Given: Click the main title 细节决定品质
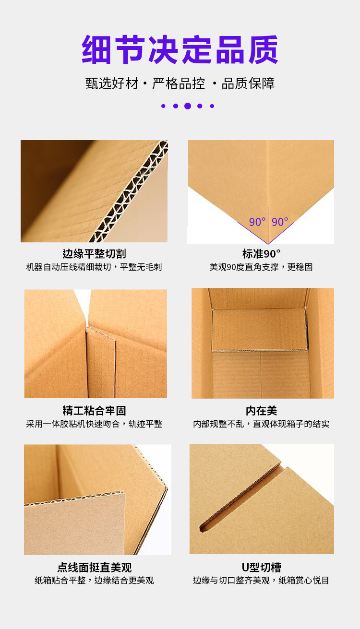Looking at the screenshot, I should click(180, 50).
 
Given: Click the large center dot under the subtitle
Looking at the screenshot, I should click(188, 106).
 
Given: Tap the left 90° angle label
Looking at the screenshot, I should click(257, 222).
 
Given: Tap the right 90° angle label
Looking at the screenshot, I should click(280, 222).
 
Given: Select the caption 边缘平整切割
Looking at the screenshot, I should click(94, 254).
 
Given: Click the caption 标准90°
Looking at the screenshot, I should click(261, 254).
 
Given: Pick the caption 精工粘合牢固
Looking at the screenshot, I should click(94, 411).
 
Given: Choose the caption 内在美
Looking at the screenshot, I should click(262, 411).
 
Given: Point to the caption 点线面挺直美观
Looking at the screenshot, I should click(94, 568).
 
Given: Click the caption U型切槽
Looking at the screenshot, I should click(262, 568).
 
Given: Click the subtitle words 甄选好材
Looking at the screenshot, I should click(112, 83).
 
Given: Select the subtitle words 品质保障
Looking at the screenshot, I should click(248, 83).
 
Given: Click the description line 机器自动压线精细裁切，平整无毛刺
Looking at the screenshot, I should click(94, 267).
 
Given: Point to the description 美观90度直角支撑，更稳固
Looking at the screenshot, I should click(261, 267).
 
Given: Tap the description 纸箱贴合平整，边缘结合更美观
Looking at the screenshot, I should click(94, 581).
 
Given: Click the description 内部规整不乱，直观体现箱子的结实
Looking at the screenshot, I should click(262, 424).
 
